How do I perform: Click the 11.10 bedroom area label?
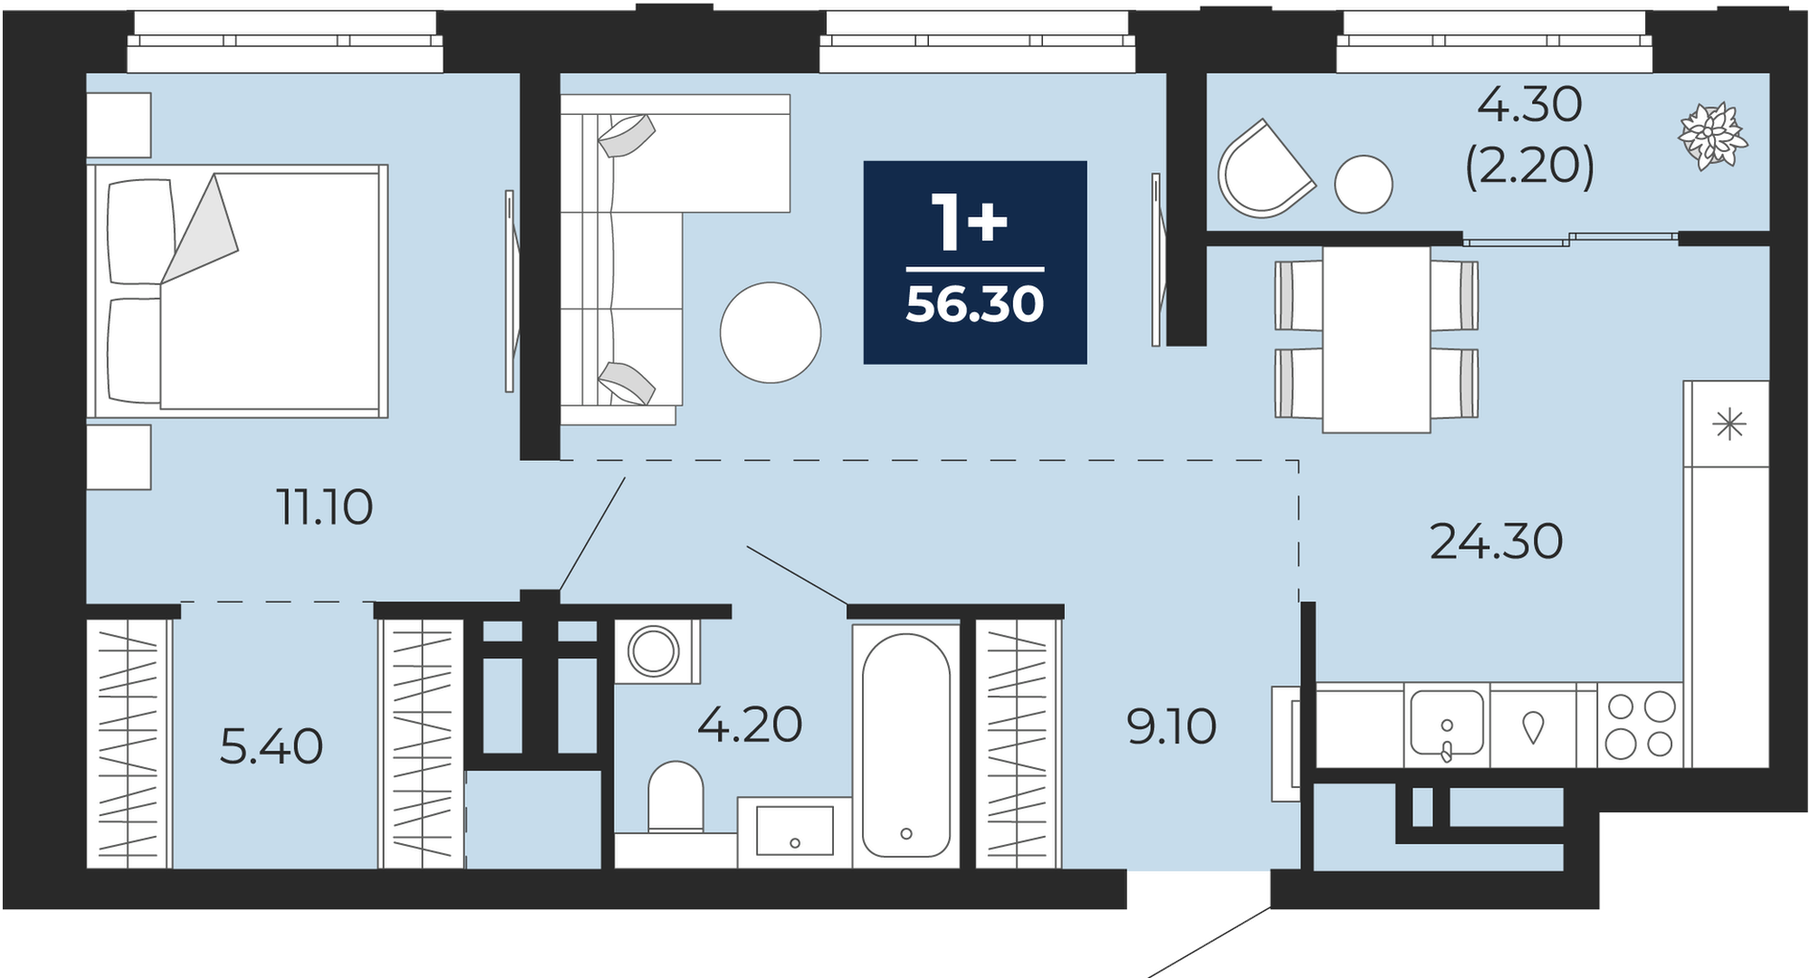[325, 507]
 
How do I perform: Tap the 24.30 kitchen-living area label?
[1496, 542]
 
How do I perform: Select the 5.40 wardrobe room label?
[272, 747]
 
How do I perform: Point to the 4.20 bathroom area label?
[750, 724]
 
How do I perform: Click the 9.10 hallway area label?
[1172, 726]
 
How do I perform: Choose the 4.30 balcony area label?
[1529, 105]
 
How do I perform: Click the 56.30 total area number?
[975, 304]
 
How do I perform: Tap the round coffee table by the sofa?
[770, 332]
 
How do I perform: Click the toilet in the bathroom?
[676, 797]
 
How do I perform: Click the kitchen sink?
[1447, 724]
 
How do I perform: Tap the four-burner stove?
[1640, 724]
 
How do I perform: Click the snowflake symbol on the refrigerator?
[1729, 424]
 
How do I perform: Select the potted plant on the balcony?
[1712, 137]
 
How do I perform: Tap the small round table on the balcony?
[1364, 185]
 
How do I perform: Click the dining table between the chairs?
[1376, 340]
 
